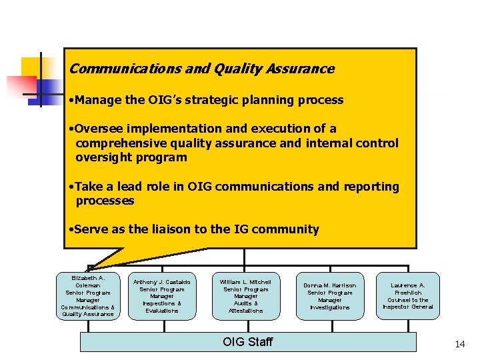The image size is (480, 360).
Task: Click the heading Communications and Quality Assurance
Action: click(201, 69)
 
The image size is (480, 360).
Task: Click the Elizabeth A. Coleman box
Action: click(88, 295)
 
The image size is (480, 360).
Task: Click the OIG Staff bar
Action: click(248, 342)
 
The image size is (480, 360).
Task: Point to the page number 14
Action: click(459, 344)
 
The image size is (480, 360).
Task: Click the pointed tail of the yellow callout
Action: click(93, 265)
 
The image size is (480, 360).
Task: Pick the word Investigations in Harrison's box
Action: click(330, 307)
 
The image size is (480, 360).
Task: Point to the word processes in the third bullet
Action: click(105, 201)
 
